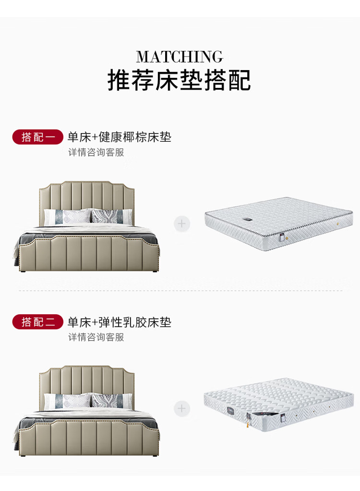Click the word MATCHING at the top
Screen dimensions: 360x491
(180, 57)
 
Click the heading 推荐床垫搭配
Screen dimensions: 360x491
(179, 80)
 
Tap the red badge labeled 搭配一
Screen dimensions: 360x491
(38, 137)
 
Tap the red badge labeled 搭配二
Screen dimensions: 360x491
(38, 322)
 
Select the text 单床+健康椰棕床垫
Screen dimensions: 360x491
(119, 137)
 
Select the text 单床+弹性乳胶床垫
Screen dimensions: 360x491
(119, 322)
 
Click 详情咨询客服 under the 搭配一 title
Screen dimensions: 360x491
(96, 153)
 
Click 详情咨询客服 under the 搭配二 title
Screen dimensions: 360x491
(96, 337)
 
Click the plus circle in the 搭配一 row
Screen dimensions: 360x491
(182, 224)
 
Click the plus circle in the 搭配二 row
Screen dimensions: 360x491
(182, 409)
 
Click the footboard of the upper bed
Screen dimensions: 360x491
(89, 252)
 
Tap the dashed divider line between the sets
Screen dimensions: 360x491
(180, 291)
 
